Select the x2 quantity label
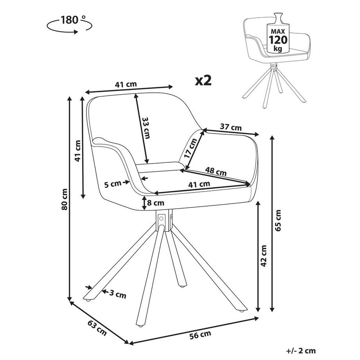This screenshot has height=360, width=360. coord(203,81)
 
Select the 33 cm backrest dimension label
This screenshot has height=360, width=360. coord(146,128)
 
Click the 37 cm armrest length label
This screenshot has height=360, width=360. coord(230,127)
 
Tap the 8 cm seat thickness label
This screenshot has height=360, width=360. coord(155,203)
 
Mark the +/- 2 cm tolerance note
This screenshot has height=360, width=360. coord(300,351)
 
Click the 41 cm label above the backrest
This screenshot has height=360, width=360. coord(125,84)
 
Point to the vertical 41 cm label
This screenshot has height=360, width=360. coord(78,151)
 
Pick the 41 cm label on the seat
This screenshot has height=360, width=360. coord(199,184)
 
